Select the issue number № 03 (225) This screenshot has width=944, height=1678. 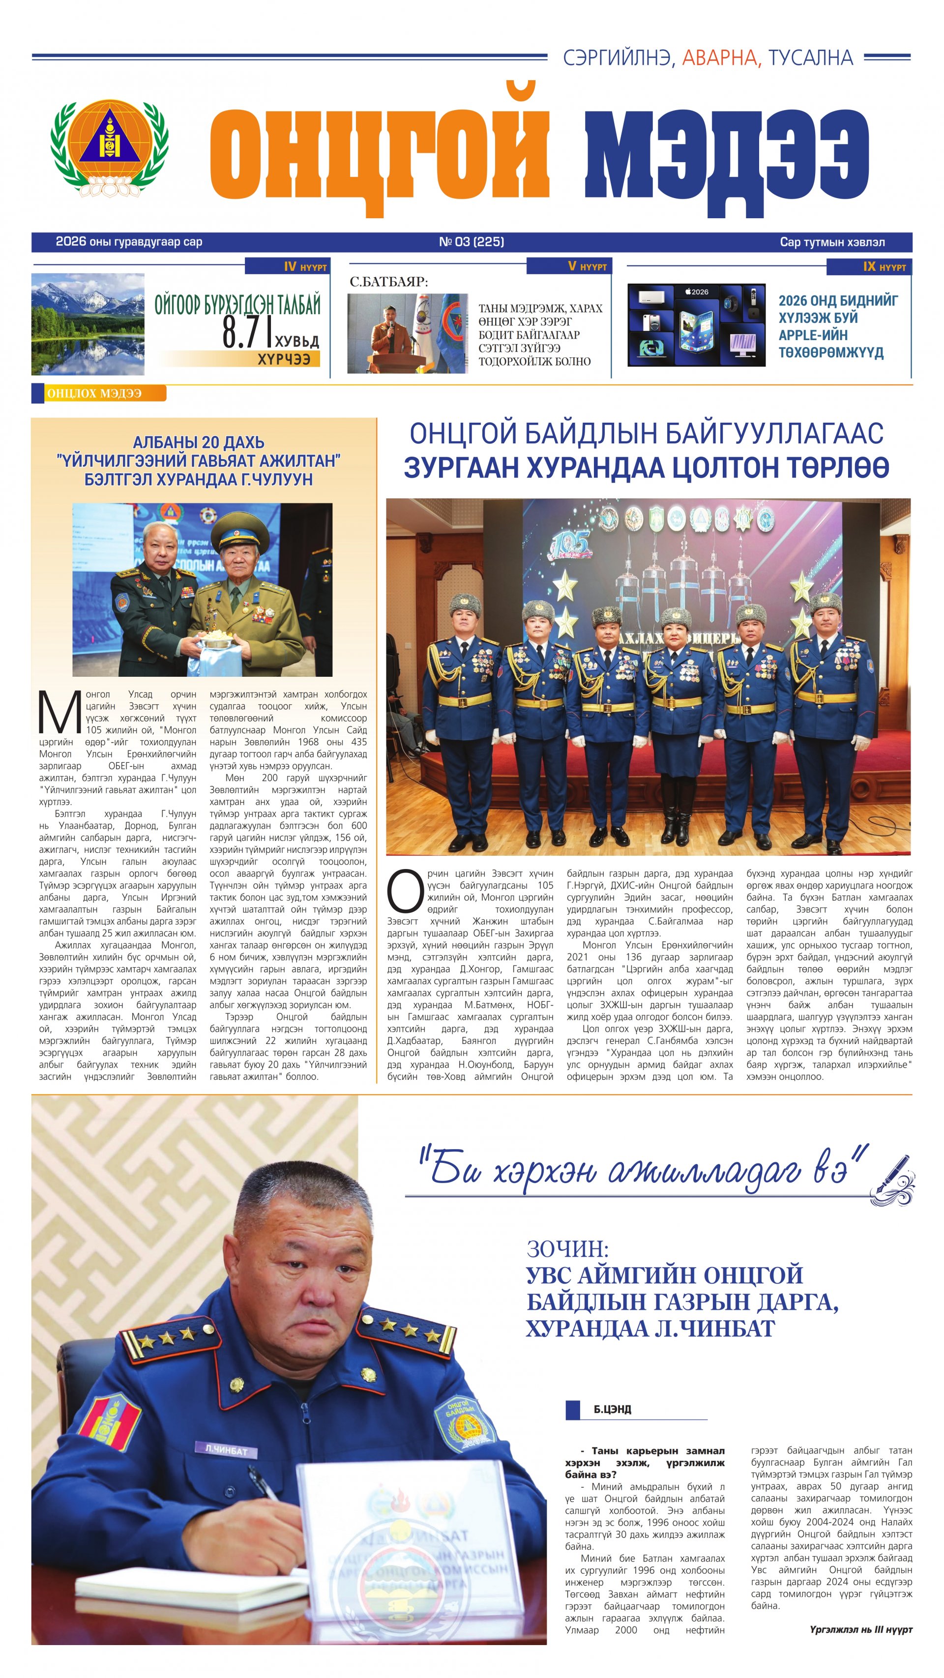[471, 242]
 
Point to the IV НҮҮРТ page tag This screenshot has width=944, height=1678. [305, 267]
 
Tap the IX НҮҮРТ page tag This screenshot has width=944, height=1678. [884, 267]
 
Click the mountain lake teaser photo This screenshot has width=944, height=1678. [88, 324]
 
